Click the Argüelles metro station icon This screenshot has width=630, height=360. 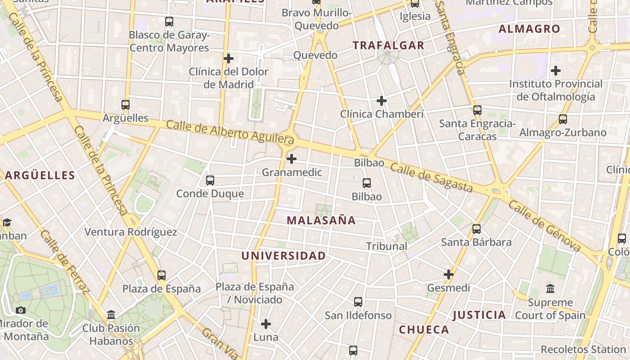tap(126, 105)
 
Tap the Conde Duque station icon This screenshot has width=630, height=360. tap(210, 180)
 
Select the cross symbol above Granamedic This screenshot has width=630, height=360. tap(292, 159)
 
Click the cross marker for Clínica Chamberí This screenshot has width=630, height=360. tap(382, 101)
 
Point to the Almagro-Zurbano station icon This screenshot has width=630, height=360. tap(563, 119)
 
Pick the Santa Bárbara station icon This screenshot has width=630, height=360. tap(477, 229)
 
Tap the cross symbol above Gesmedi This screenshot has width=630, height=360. tap(449, 274)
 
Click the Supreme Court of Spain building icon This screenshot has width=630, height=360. tap(550, 289)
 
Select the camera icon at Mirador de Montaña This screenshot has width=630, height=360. tap(21, 310)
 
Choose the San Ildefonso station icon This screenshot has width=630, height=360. tap(358, 302)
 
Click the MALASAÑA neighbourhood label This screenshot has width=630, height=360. tap(321, 220)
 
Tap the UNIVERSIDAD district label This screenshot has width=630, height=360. tap(283, 256)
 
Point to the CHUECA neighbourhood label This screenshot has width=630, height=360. tap(424, 330)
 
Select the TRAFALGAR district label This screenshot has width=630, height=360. tap(388, 45)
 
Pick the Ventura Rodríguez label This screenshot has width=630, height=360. tap(131, 232)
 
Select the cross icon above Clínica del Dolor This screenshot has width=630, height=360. tap(229, 58)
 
